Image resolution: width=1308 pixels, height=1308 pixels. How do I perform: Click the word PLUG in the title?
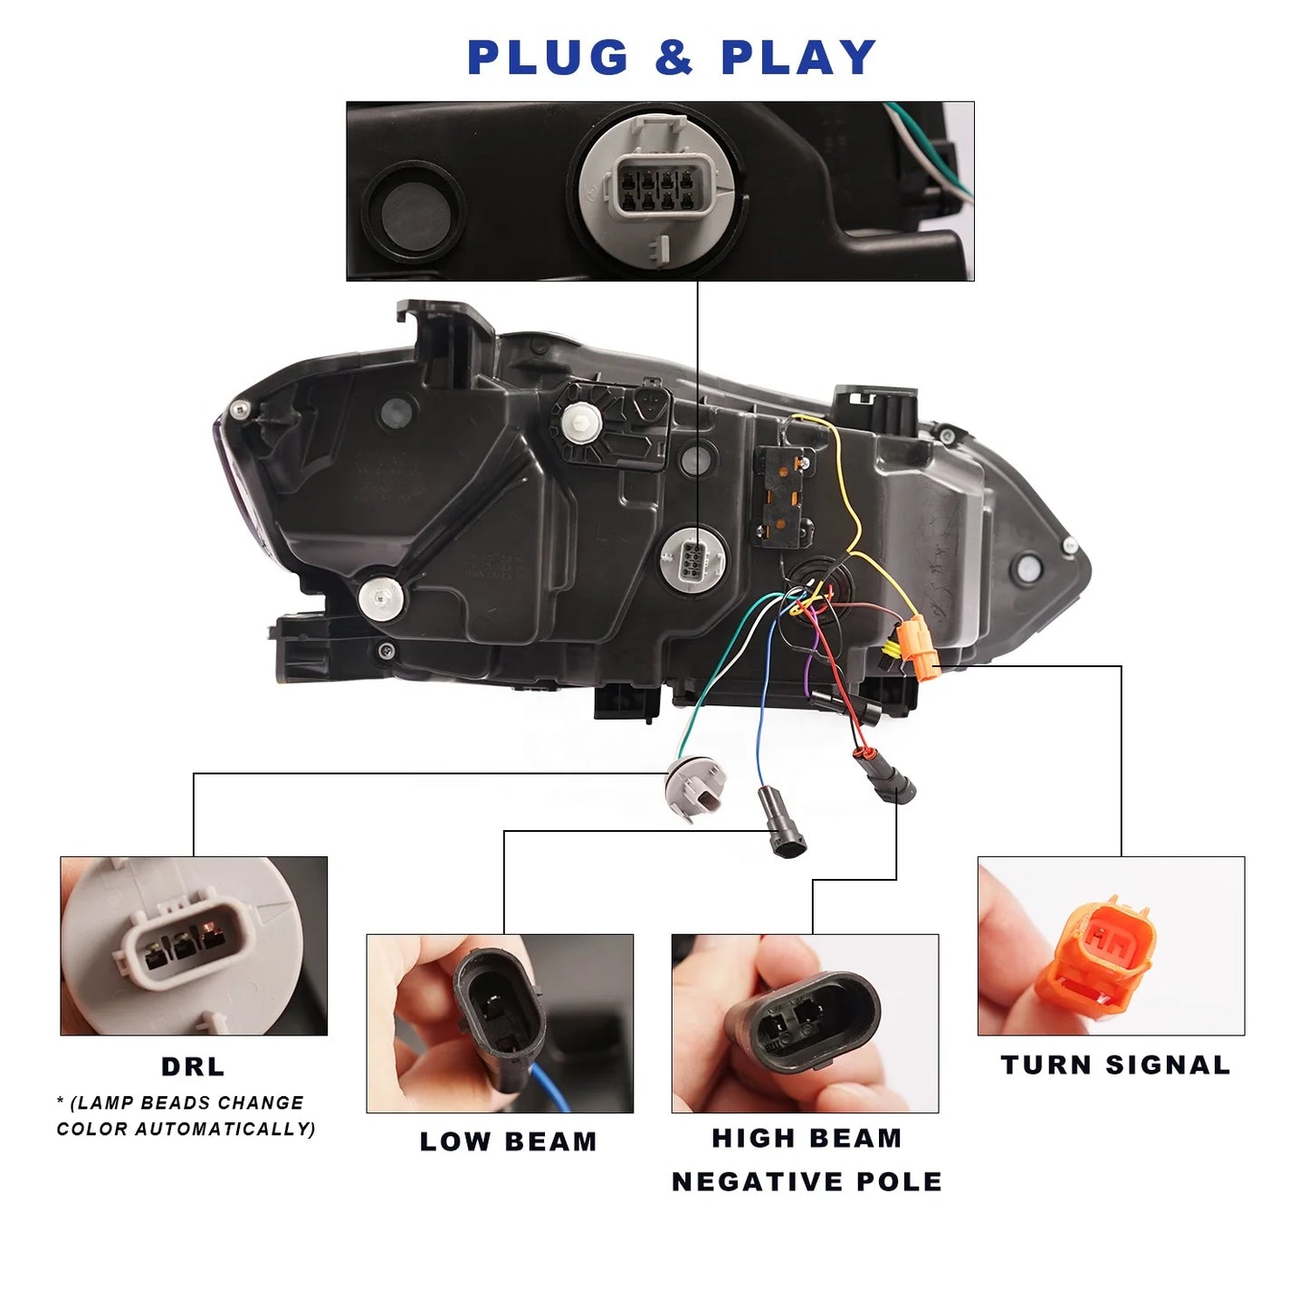pyautogui.click(x=548, y=58)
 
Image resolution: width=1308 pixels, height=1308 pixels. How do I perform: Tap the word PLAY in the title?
pyautogui.click(x=798, y=58)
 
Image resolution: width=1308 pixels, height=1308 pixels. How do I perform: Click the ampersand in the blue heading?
pyautogui.click(x=674, y=58)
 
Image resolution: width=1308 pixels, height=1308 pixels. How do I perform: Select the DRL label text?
pyautogui.click(x=193, y=1067)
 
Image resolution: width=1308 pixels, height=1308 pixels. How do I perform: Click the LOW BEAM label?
pyautogui.click(x=508, y=1142)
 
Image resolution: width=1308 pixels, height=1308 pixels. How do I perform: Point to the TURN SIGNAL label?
pyautogui.click(x=1115, y=1065)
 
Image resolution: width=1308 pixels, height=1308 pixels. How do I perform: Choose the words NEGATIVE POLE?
pyautogui.click(x=807, y=1182)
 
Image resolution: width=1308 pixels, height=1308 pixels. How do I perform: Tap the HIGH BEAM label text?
pyautogui.click(x=807, y=1139)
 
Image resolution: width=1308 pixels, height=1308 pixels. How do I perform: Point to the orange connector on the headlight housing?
pyautogui.click(x=919, y=646)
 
